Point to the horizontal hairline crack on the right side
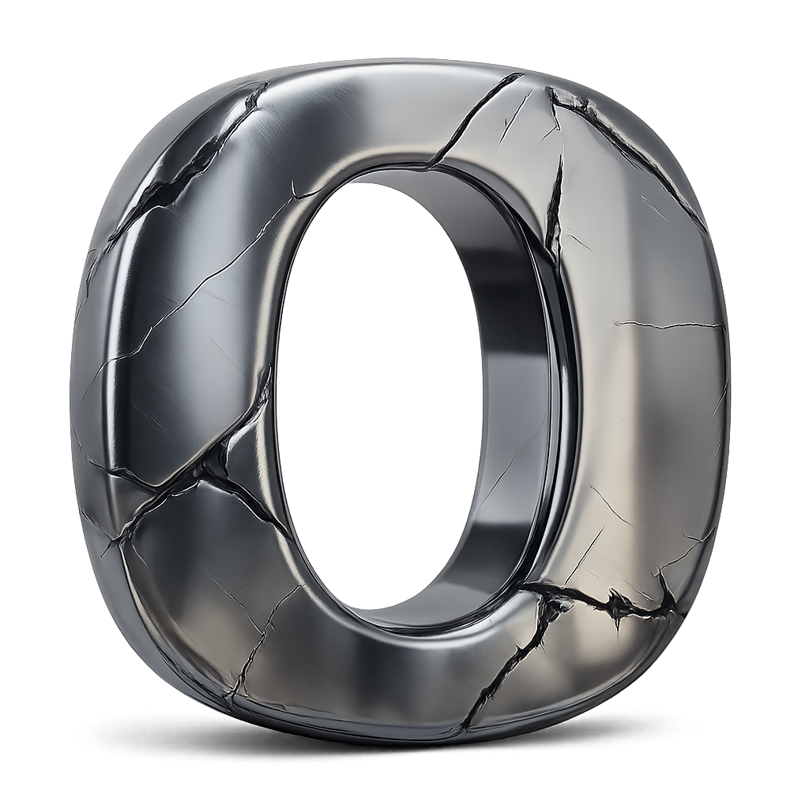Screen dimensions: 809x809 668,325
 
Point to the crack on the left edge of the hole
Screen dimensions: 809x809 265,395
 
